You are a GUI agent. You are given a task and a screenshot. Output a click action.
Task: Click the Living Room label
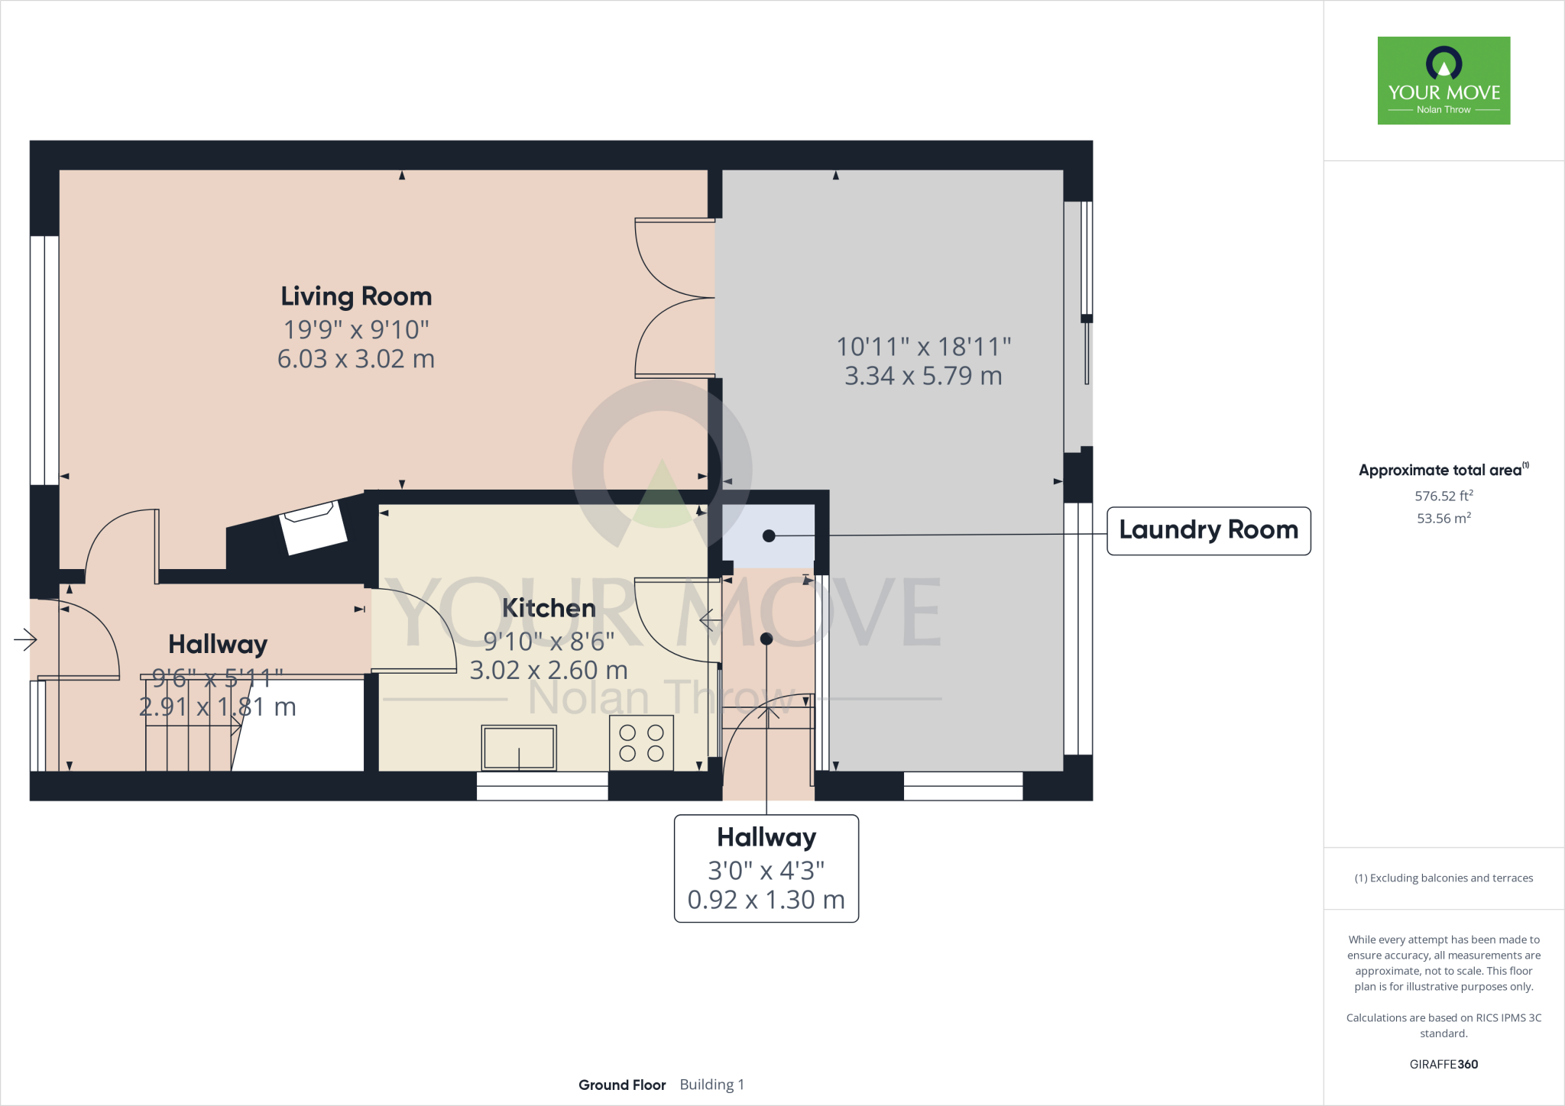click(356, 296)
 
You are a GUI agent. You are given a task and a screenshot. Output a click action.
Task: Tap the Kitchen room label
click(549, 608)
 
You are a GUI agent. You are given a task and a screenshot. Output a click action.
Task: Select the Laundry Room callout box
click(1208, 530)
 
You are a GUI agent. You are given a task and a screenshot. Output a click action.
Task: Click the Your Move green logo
click(1443, 80)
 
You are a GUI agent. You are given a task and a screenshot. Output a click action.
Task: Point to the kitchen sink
click(519, 747)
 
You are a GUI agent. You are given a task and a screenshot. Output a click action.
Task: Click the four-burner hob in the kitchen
click(641, 742)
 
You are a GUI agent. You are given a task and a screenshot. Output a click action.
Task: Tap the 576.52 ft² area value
click(1443, 496)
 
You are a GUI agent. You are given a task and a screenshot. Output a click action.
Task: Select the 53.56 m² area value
click(1443, 518)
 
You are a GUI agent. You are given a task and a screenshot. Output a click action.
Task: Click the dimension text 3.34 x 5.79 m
click(923, 376)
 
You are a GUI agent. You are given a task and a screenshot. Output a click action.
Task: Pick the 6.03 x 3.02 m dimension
click(356, 359)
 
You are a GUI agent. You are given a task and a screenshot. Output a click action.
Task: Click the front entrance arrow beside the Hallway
click(25, 639)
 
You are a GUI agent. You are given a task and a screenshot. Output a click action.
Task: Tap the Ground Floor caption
click(622, 1085)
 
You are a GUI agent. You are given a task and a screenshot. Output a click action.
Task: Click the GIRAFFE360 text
click(1443, 1064)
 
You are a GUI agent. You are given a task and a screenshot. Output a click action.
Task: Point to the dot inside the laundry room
click(769, 536)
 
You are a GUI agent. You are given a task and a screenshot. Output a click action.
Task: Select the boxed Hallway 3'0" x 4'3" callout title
click(766, 838)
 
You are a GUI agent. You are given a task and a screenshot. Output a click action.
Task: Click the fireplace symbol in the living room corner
click(313, 527)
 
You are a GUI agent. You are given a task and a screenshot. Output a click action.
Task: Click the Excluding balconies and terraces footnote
click(1443, 878)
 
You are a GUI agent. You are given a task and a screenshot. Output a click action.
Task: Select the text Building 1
click(711, 1085)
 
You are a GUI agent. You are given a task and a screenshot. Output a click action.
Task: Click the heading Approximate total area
click(1440, 471)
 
